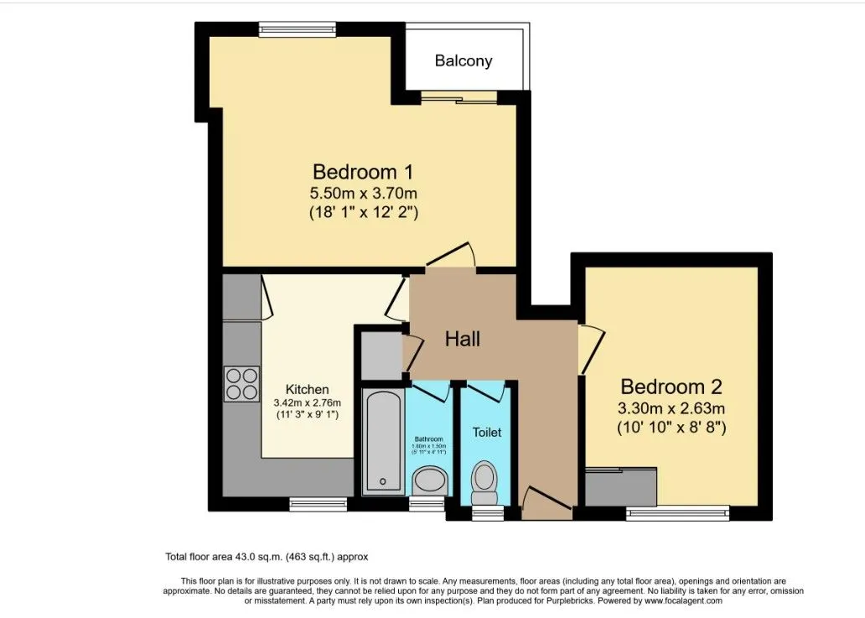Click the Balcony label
pos(463,61)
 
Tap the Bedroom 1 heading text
pos(363,172)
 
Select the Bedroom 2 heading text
pos(671,387)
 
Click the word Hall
pos(462,339)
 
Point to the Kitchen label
pos(307,389)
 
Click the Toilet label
pos(487,432)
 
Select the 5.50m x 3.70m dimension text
pos(363,194)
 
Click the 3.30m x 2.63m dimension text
pos(671,408)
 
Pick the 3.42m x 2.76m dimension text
pos(307,402)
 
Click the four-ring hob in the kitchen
pos(241,384)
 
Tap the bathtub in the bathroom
pos(383,440)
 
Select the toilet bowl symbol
pos(485,477)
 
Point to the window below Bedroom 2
pos(677,512)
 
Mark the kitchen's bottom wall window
pos(318,504)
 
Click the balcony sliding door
pos(458,98)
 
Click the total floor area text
pos(266,556)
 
